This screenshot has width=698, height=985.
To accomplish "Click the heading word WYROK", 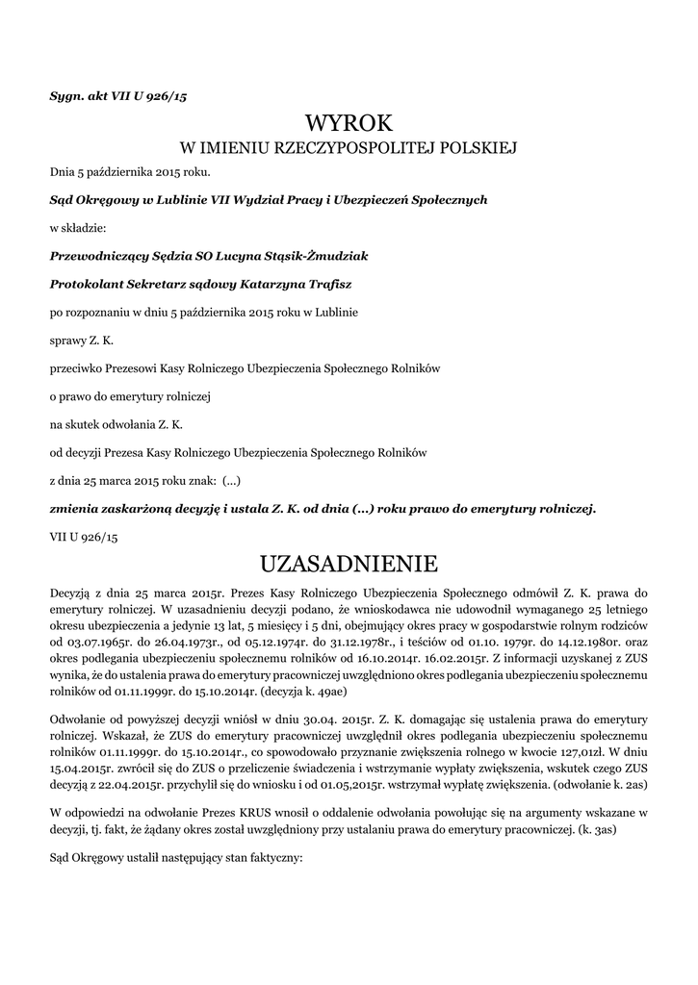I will [349, 123].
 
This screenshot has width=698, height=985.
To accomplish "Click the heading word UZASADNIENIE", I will [349, 562].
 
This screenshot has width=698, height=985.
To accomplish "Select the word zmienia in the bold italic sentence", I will [75, 508].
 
